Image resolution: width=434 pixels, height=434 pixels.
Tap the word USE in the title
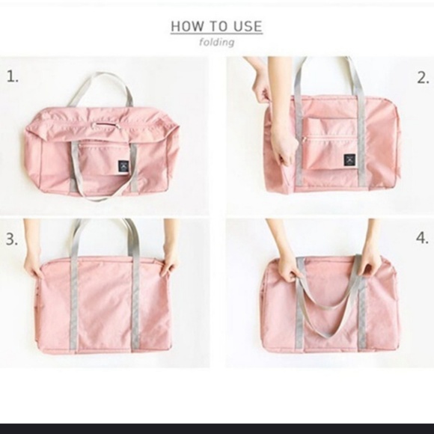[248, 26]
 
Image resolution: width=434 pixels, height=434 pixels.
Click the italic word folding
[217, 43]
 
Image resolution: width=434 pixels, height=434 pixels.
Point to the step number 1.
[13, 76]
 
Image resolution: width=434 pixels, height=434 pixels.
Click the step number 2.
[423, 78]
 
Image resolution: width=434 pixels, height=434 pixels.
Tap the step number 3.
[12, 239]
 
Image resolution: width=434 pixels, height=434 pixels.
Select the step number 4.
[422, 238]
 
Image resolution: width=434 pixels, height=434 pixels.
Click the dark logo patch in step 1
[123, 166]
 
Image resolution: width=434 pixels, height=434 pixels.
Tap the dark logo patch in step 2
[349, 160]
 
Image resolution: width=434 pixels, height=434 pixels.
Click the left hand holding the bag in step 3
[32, 263]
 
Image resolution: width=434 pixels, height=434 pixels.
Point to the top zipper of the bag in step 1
[106, 124]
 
